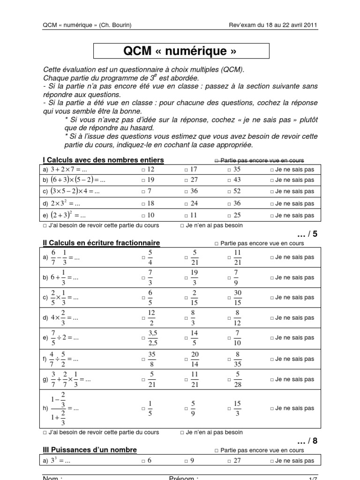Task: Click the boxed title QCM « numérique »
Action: tap(181, 51)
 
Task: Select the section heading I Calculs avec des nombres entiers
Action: tap(103, 160)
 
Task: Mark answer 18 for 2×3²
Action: tap(147, 203)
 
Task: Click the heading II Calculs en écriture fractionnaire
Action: tap(101, 243)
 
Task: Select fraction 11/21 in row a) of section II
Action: tap(237, 257)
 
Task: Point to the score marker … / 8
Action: tap(307, 441)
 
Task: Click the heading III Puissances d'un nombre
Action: tap(90, 450)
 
